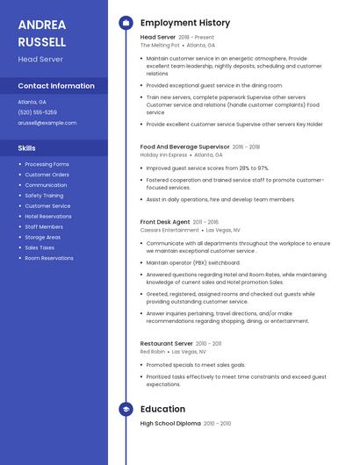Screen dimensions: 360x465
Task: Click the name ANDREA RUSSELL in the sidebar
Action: tap(42, 33)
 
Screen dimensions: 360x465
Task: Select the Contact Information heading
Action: tap(56, 86)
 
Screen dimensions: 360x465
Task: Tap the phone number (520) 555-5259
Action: tap(38, 112)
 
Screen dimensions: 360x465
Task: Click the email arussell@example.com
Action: tap(47, 123)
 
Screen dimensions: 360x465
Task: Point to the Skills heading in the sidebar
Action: tap(27, 148)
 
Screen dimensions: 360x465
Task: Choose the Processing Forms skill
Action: tap(47, 164)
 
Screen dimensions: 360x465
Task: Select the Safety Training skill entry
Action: tap(44, 196)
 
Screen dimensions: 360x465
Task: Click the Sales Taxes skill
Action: tap(40, 247)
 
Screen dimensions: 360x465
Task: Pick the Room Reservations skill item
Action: tap(49, 258)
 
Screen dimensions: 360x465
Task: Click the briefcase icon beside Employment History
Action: tap(126, 23)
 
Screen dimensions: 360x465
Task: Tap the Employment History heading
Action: tap(185, 23)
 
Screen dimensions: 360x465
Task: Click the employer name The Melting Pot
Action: tap(160, 45)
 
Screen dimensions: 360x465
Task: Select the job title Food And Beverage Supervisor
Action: tap(184, 147)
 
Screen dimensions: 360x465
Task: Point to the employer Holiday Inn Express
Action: tap(163, 154)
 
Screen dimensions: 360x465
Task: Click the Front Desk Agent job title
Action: tap(165, 223)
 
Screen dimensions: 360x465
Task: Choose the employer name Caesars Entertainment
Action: tap(169, 230)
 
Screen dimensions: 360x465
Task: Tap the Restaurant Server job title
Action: tap(166, 343)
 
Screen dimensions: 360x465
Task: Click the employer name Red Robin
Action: tap(153, 351)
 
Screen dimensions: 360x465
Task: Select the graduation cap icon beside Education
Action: tap(126, 409)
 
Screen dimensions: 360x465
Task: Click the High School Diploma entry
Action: tap(170, 424)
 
